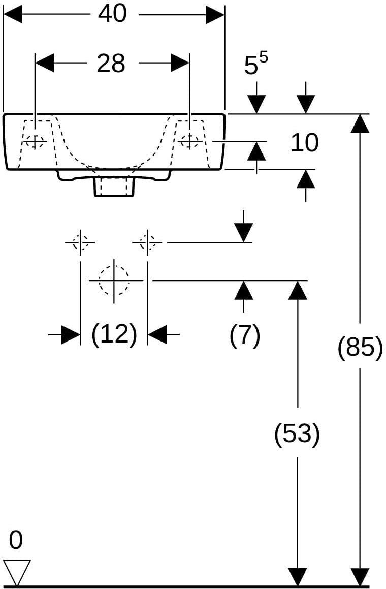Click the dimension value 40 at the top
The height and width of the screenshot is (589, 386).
(x=112, y=14)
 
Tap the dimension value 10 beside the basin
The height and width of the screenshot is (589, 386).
(x=305, y=142)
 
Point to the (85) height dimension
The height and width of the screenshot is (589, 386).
(x=360, y=347)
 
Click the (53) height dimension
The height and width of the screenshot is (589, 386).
(x=298, y=433)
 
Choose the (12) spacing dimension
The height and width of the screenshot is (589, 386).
(x=114, y=334)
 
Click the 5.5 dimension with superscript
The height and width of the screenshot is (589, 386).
(x=256, y=64)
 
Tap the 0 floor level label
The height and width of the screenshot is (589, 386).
(x=16, y=541)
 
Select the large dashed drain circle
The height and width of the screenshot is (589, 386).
(x=114, y=281)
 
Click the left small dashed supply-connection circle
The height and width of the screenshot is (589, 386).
(x=80, y=242)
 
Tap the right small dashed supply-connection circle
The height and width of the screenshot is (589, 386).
(x=147, y=242)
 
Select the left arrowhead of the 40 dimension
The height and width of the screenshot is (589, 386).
(x=13, y=14)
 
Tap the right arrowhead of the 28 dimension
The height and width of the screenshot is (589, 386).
(x=180, y=63)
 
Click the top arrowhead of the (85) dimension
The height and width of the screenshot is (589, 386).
(x=360, y=123)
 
